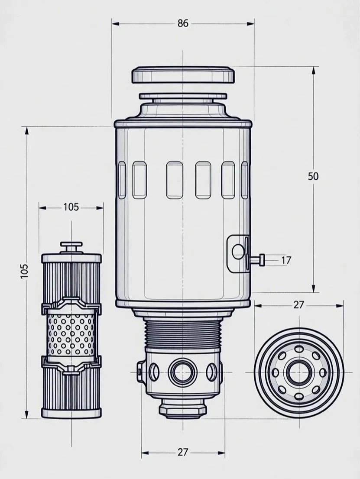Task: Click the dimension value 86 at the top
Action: [x=183, y=23]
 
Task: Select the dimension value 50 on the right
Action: [x=313, y=176]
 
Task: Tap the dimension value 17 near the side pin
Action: [x=286, y=260]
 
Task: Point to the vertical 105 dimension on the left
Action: [x=25, y=272]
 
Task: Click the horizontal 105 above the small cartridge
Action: [x=71, y=207]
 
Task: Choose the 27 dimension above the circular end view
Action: [x=298, y=304]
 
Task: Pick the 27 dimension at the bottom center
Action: [x=183, y=452]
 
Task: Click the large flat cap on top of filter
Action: [x=183, y=75]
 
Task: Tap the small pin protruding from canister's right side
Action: [x=258, y=259]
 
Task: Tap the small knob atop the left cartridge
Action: [x=71, y=247]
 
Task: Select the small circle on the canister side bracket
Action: [x=238, y=251]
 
